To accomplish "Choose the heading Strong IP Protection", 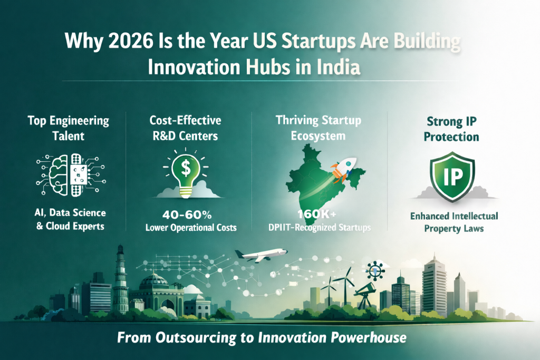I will pyautogui.click(x=454, y=129).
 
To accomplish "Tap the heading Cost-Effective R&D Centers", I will pyautogui.click(x=186, y=128).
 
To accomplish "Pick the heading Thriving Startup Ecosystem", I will pyautogui.click(x=319, y=128).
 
